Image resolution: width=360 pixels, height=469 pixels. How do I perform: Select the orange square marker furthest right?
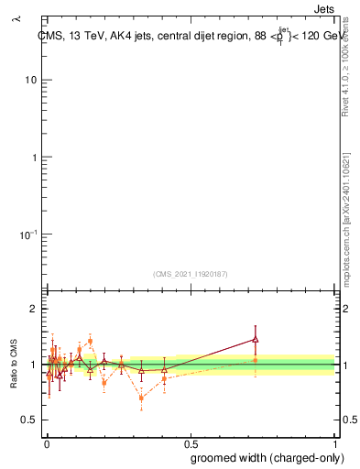(256, 361)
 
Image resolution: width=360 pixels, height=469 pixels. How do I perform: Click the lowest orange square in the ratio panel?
(141, 398)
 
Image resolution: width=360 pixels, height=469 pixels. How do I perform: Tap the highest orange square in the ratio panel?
(90, 341)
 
